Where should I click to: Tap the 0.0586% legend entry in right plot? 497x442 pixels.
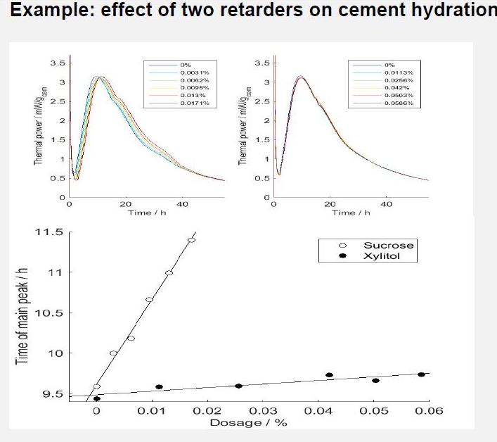pos(399,103)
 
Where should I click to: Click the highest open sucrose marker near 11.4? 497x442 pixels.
pos(191,240)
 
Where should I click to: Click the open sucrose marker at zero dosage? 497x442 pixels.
pos(97,386)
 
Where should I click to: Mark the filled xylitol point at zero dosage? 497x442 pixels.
pos(97,399)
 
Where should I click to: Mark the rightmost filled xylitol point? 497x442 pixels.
pos(421,374)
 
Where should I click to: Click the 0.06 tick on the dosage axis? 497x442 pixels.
pos(429,411)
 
